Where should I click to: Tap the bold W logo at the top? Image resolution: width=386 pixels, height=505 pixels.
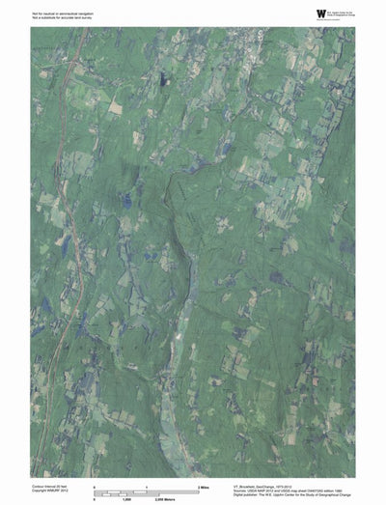tap(320, 13)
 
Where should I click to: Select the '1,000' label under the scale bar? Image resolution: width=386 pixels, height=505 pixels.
tap(125, 499)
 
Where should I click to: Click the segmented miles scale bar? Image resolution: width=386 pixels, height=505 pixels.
tap(145, 493)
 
